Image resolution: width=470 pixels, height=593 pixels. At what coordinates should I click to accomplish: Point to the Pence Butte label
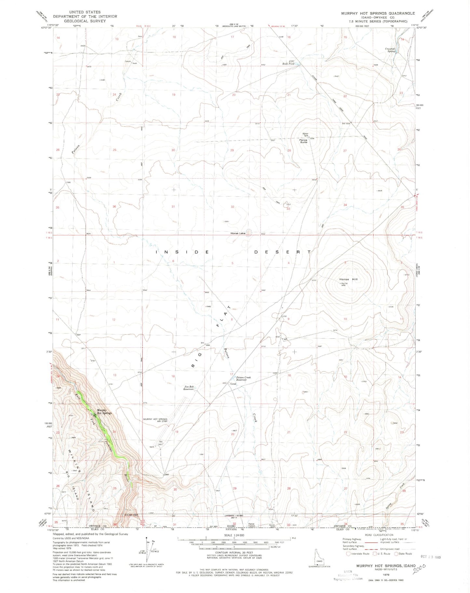pyautogui.click(x=303, y=141)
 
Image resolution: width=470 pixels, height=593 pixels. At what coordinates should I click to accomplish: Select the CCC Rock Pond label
pyautogui.click(x=288, y=62)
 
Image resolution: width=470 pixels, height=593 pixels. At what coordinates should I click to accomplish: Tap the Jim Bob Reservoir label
pyautogui.click(x=189, y=388)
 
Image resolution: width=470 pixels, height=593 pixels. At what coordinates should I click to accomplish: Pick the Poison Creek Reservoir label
pyautogui.click(x=244, y=379)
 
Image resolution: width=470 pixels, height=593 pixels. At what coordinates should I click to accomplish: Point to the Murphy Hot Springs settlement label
pyautogui.click(x=104, y=411)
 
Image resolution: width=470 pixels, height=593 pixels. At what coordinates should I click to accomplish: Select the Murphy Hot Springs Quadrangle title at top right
pyautogui.click(x=378, y=13)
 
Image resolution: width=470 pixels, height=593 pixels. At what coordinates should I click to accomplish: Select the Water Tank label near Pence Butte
pyautogui.click(x=305, y=134)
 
